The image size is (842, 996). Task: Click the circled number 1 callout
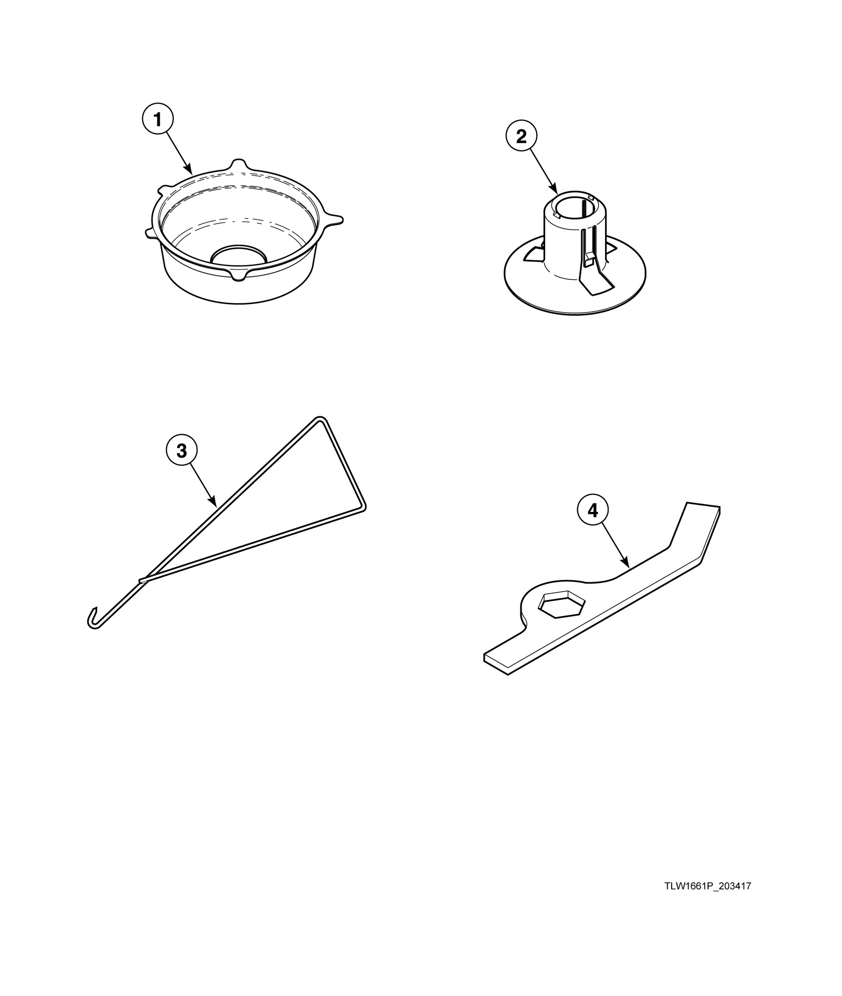(157, 120)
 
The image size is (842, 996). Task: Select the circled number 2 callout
(521, 136)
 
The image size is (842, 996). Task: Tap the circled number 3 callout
(182, 451)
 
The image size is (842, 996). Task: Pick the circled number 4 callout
(593, 510)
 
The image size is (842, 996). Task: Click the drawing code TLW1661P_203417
(708, 886)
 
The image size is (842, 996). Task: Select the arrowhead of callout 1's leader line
(189, 169)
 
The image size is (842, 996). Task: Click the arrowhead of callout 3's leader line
(214, 504)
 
